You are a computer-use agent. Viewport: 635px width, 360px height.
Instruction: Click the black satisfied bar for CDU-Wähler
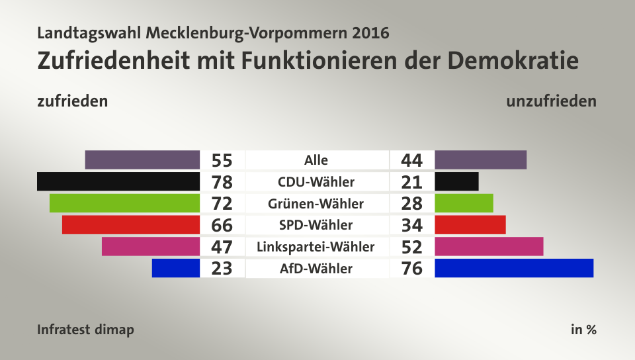[x=118, y=181]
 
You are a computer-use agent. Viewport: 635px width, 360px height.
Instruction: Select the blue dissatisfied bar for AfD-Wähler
[x=514, y=268]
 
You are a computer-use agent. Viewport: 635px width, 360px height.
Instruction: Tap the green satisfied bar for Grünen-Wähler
[x=124, y=203]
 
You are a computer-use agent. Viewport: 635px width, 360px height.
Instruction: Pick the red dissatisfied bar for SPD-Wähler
[x=470, y=225]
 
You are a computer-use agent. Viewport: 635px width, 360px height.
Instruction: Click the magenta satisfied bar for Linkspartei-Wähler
[x=151, y=247]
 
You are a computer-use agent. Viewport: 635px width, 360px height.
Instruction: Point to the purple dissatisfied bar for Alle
[x=480, y=159]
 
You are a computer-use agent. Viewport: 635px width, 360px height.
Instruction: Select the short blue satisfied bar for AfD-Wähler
[x=175, y=268]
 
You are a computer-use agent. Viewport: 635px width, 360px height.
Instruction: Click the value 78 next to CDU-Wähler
[x=222, y=182]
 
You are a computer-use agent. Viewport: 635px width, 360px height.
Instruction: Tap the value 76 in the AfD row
[x=411, y=269]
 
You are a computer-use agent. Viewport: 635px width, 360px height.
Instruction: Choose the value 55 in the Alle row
[x=222, y=160]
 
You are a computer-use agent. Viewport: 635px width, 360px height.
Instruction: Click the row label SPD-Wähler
[x=317, y=225]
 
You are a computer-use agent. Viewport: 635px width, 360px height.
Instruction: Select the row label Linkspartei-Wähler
[x=317, y=247]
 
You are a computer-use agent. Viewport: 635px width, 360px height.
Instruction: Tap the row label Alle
[x=316, y=160]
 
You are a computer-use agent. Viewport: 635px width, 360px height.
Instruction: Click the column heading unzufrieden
[x=551, y=101]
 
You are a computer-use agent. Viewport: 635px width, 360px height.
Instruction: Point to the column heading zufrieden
[x=73, y=101]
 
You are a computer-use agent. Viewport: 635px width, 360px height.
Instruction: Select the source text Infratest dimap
[x=85, y=330]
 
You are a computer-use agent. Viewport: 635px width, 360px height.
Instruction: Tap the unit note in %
[x=583, y=330]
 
